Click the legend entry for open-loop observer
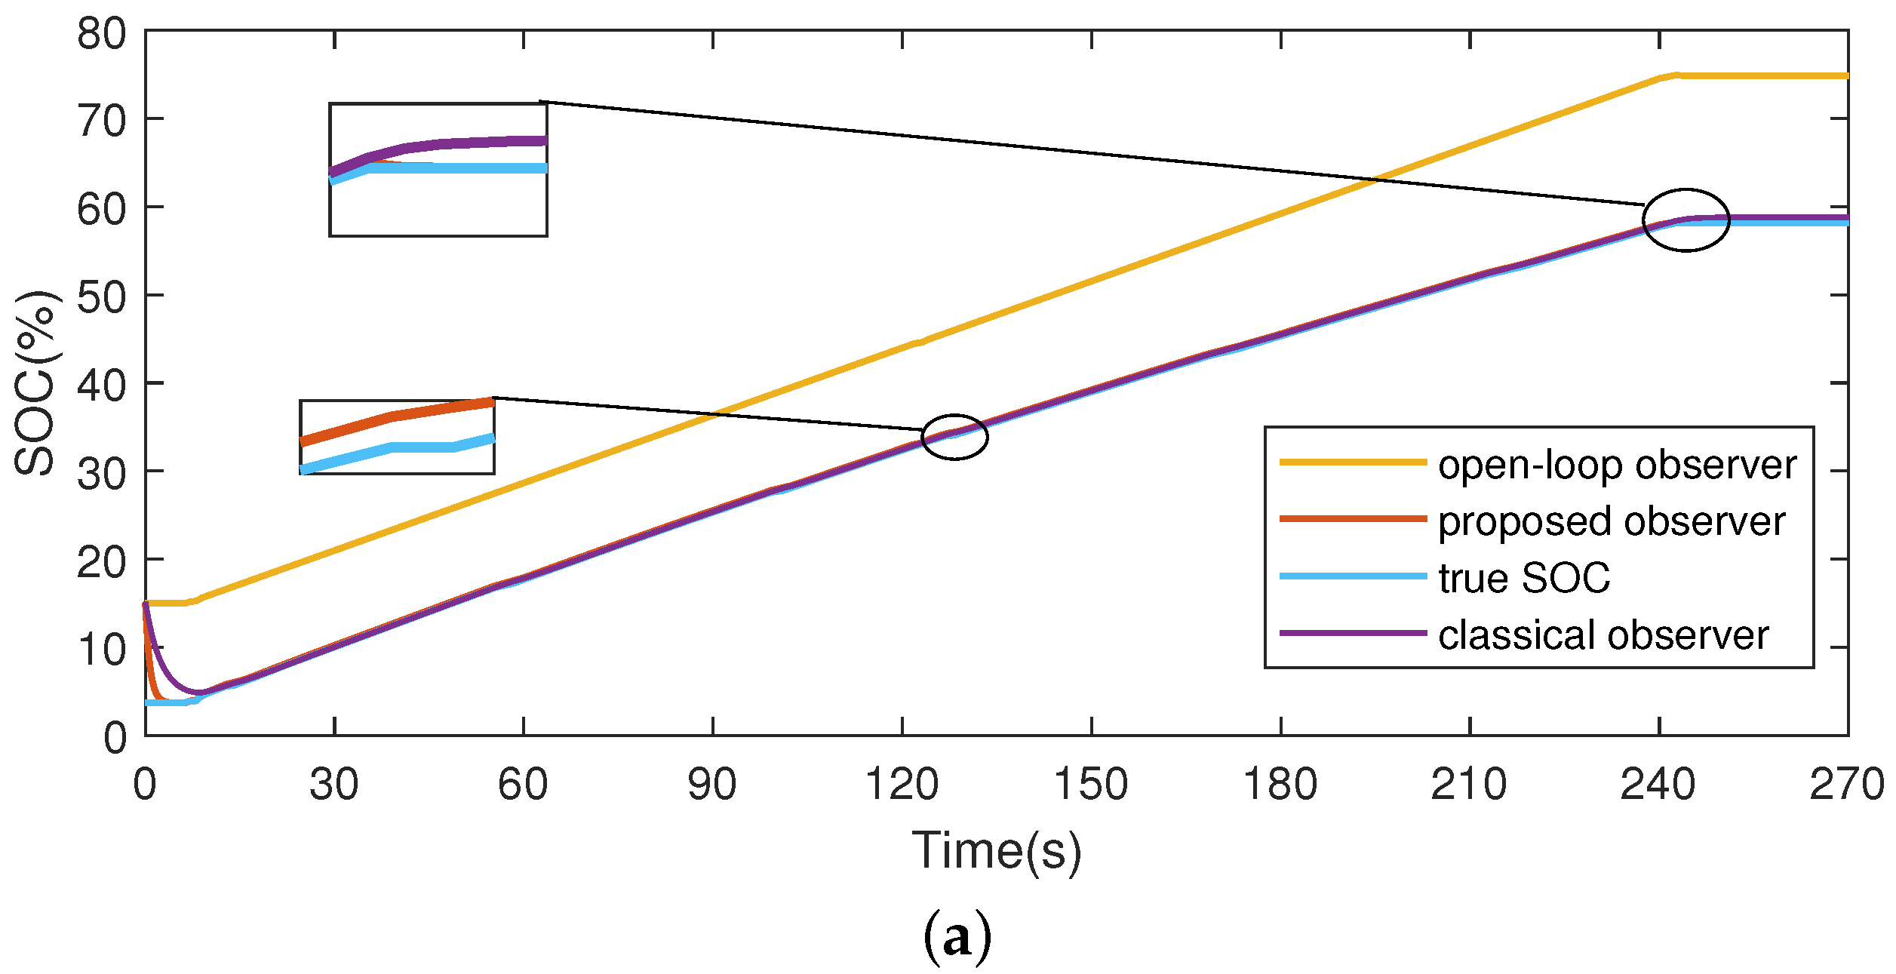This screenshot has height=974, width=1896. [x=1617, y=465]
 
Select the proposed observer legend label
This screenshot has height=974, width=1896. [x=1611, y=521]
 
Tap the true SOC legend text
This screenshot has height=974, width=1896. [x=1524, y=578]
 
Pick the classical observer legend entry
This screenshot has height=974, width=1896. [x=1603, y=634]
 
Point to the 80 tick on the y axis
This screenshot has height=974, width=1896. [x=102, y=34]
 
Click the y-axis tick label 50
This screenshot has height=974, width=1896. [x=102, y=298]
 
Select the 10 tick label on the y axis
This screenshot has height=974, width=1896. [x=102, y=650]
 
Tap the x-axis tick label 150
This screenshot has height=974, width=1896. [x=1090, y=785]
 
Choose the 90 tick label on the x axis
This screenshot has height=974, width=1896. [x=711, y=785]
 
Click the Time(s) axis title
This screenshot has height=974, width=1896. [x=996, y=852]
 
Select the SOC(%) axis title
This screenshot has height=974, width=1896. [x=35, y=383]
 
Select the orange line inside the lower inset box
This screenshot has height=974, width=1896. [x=392, y=416]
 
